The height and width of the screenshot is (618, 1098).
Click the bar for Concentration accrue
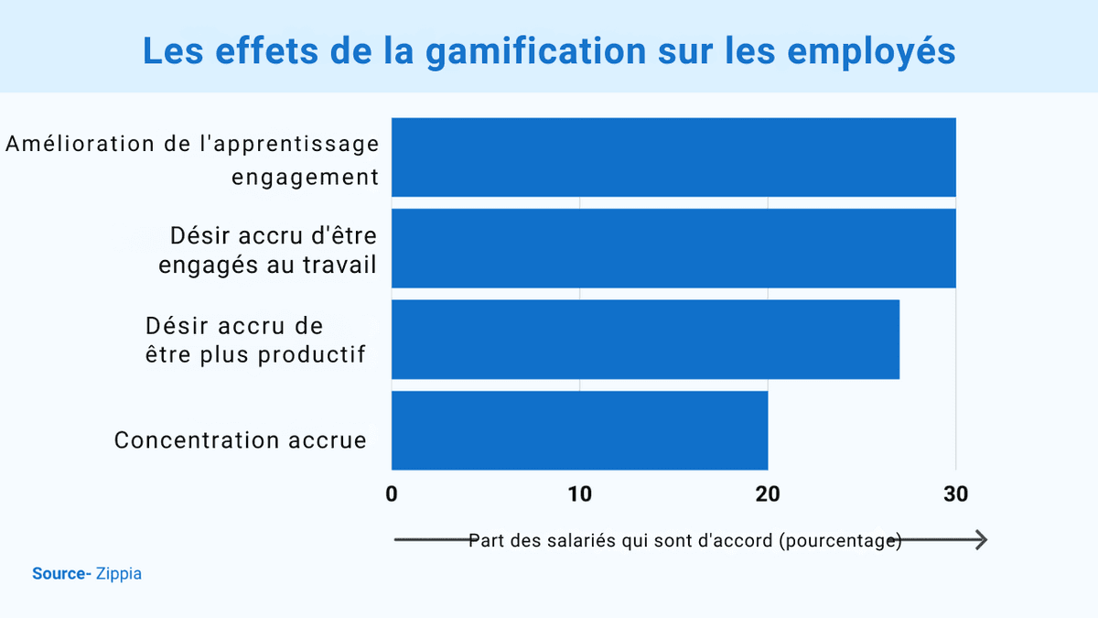579,430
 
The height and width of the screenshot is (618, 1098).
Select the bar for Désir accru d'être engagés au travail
673,248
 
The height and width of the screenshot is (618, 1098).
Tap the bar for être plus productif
645,339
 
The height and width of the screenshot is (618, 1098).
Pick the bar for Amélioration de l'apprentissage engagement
673,157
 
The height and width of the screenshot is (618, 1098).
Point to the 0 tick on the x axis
392,494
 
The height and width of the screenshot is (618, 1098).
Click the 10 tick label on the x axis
579,494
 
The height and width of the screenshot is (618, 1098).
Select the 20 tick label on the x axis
768,494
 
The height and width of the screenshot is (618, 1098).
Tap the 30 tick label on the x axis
955,494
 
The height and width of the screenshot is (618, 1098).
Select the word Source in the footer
59,574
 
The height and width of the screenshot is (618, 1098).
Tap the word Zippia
119,574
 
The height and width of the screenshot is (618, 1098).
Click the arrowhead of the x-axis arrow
980,540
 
